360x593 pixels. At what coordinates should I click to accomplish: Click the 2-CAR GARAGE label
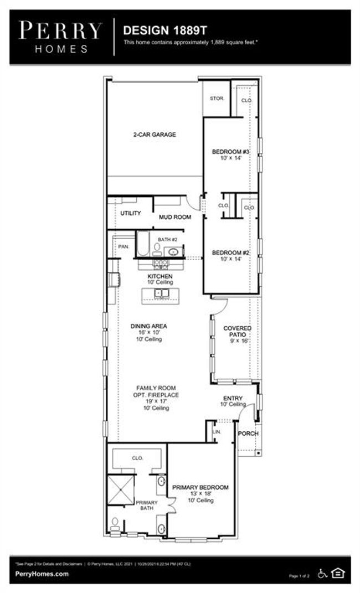pyautogui.click(x=154, y=135)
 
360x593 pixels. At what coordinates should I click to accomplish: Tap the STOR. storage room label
pyautogui.click(x=217, y=99)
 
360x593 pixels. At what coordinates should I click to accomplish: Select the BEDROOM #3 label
pyautogui.click(x=231, y=152)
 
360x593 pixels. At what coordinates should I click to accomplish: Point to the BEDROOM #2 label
pyautogui.click(x=231, y=253)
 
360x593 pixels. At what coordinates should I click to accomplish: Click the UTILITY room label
pyautogui.click(x=130, y=213)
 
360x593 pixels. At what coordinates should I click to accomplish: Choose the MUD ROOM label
pyautogui.click(x=175, y=217)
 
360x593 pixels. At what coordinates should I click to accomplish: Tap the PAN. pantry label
pyautogui.click(x=123, y=246)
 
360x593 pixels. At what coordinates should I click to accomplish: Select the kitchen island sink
pyautogui.click(x=161, y=293)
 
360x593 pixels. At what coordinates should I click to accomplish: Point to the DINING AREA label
pyautogui.click(x=149, y=326)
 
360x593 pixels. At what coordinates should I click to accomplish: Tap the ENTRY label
pyautogui.click(x=233, y=398)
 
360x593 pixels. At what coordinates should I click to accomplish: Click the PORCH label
pyautogui.click(x=248, y=433)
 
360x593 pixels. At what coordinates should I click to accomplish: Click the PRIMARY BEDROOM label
pyautogui.click(x=200, y=487)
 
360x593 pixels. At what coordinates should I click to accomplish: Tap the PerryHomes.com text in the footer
pyautogui.click(x=42, y=574)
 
